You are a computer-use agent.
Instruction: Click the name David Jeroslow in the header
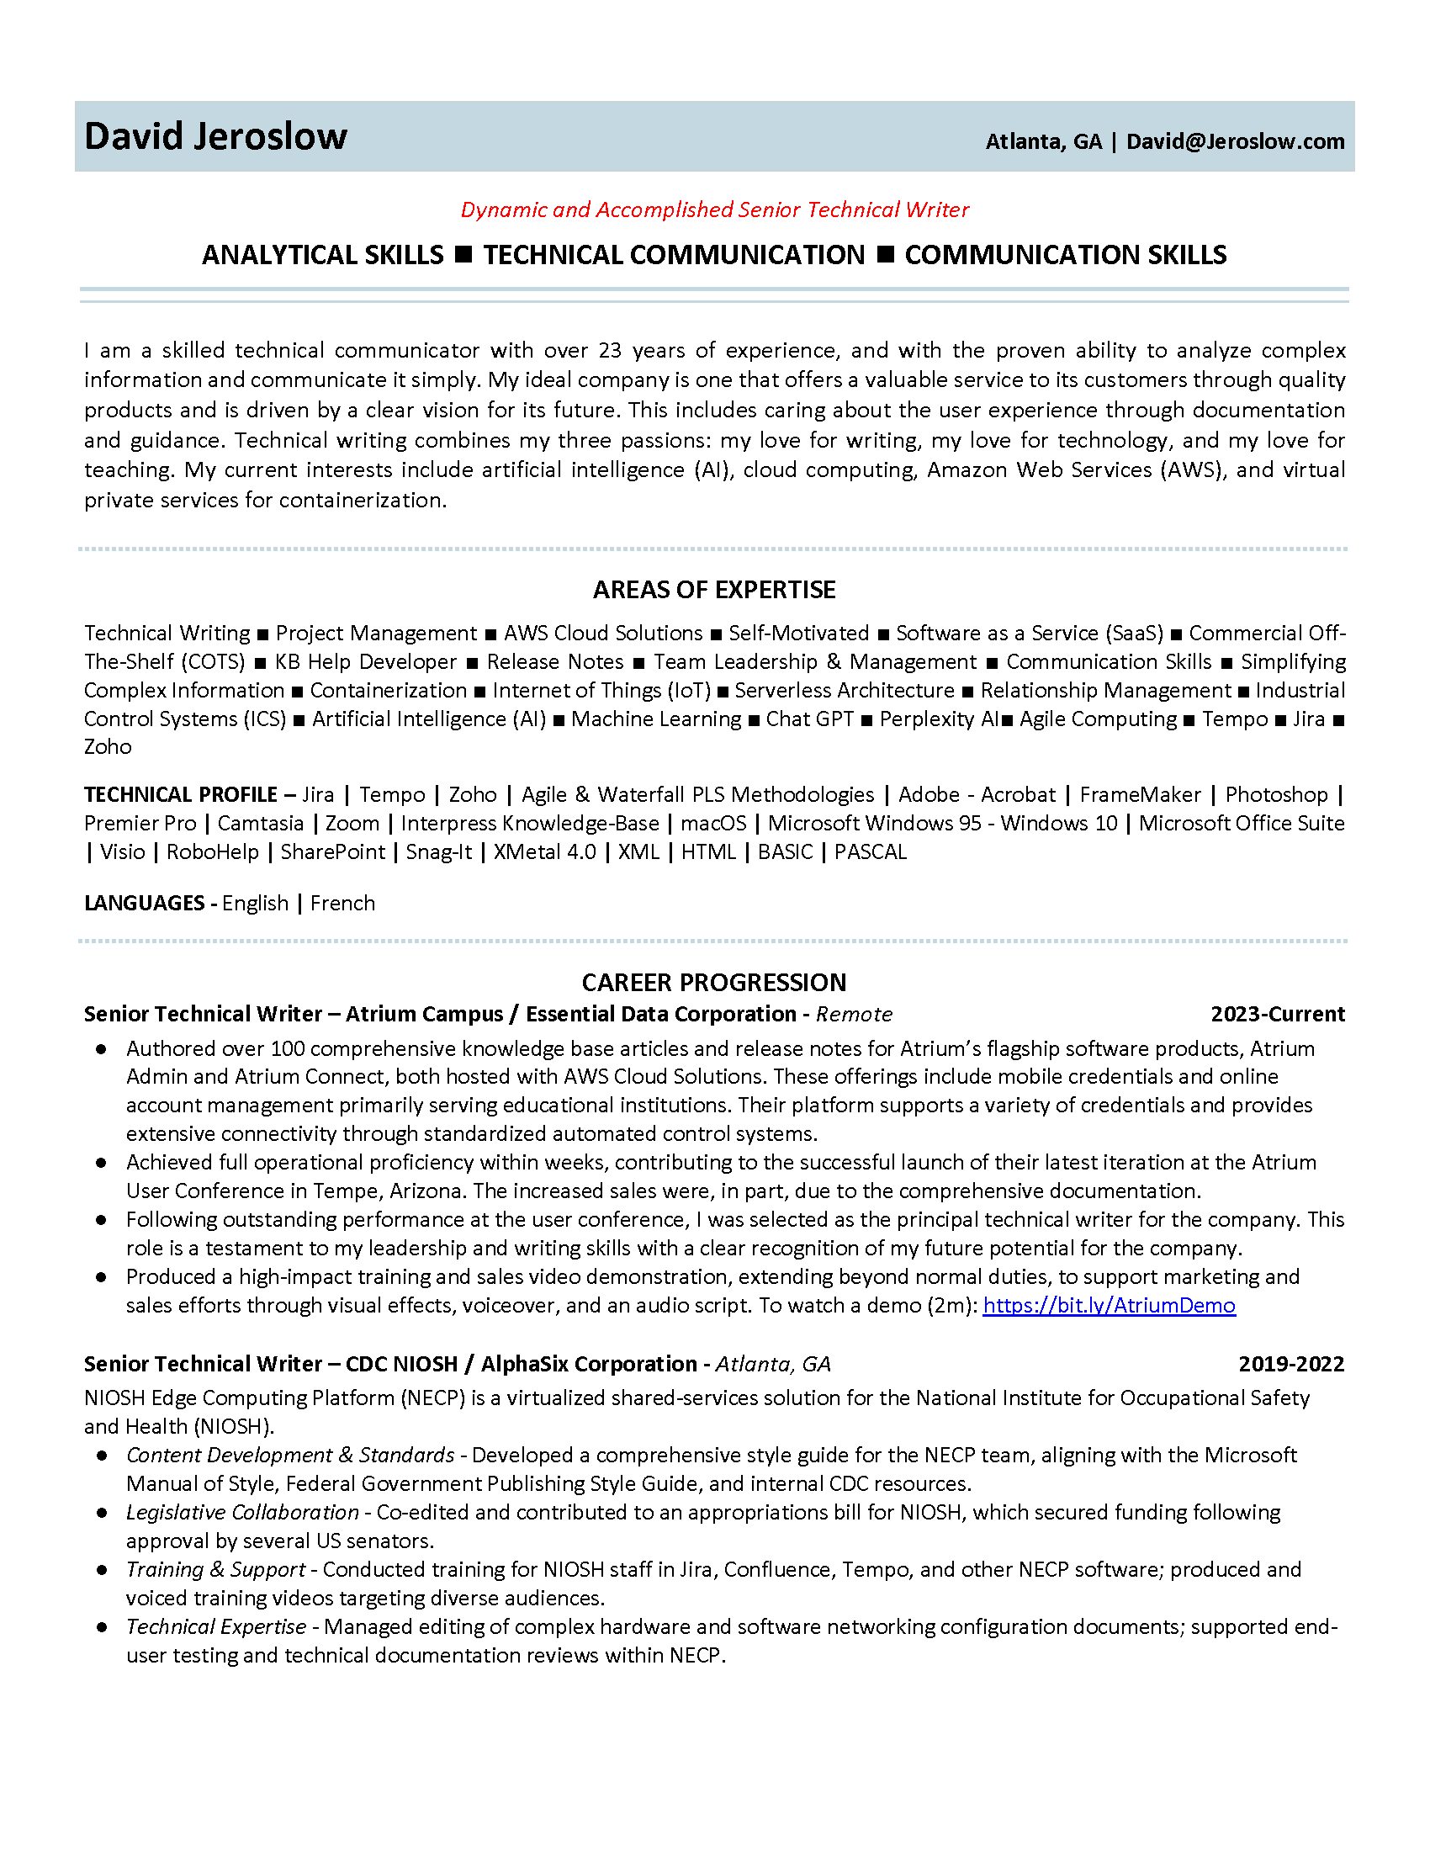click(x=215, y=136)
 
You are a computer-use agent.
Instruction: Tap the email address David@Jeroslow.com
click(x=1235, y=141)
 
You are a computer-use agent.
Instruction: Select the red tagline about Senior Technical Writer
click(x=714, y=209)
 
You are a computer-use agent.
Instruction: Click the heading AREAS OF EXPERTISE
click(x=714, y=590)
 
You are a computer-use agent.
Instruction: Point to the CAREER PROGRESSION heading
click(x=714, y=982)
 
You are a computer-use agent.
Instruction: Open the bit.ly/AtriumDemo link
click(x=1109, y=1305)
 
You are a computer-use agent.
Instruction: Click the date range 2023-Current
click(x=1278, y=1015)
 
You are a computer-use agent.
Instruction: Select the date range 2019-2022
click(x=1291, y=1364)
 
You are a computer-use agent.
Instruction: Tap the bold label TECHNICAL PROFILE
click(x=181, y=795)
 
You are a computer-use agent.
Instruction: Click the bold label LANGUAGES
click(x=144, y=904)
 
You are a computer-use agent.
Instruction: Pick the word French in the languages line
click(x=342, y=904)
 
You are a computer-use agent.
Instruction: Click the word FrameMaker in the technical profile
click(x=1141, y=795)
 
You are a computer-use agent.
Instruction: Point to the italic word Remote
click(x=854, y=1015)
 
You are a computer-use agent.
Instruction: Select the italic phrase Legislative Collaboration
click(x=242, y=1512)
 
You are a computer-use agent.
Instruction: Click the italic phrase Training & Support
click(x=216, y=1570)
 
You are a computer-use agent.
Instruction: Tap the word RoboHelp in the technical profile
click(x=213, y=852)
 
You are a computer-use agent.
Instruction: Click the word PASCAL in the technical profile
click(x=870, y=852)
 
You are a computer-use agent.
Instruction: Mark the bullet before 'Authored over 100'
click(x=102, y=1049)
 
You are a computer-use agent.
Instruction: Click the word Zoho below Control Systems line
click(x=108, y=747)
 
